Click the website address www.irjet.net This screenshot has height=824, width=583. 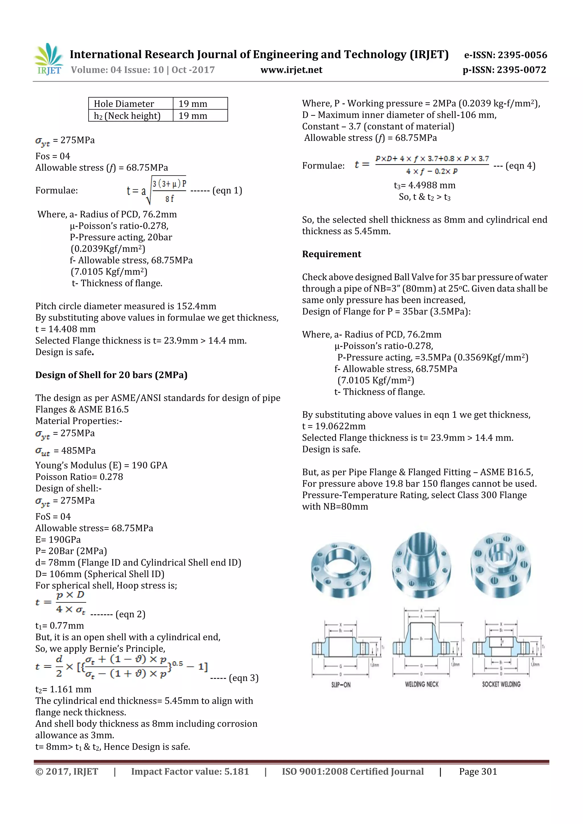tap(291, 70)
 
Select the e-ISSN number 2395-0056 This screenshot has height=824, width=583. tap(506, 55)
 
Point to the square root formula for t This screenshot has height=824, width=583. tap(157, 191)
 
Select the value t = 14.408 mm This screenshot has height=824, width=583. tap(65, 329)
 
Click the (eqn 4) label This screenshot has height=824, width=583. tap(520, 166)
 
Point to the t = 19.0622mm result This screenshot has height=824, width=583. tap(334, 426)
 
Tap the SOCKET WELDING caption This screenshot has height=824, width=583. tap(501, 684)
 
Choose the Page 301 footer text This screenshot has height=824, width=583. tap(478, 771)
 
